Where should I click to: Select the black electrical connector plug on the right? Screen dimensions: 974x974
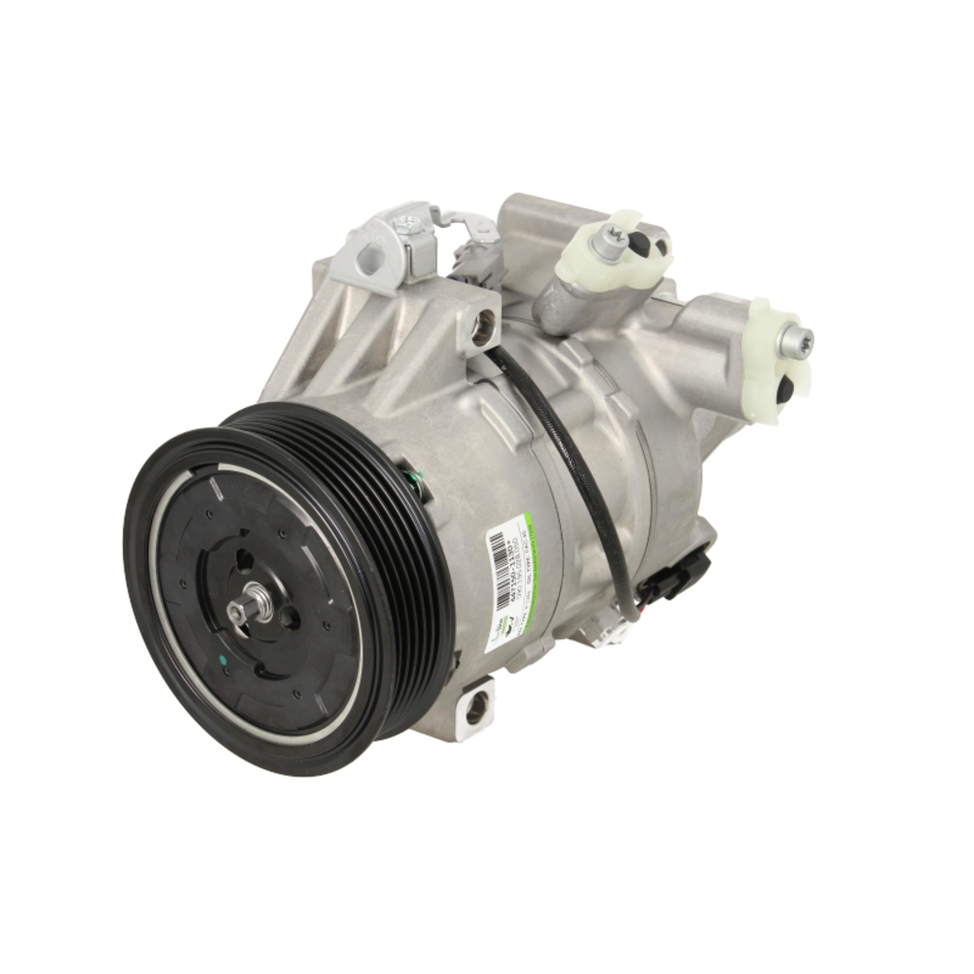pyautogui.click(x=691, y=570)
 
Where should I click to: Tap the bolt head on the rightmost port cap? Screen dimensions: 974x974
pyautogui.click(x=795, y=341)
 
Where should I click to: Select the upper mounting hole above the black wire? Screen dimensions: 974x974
pyautogui.click(x=481, y=328)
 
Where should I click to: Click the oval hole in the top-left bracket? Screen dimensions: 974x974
pyautogui.click(x=371, y=259)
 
